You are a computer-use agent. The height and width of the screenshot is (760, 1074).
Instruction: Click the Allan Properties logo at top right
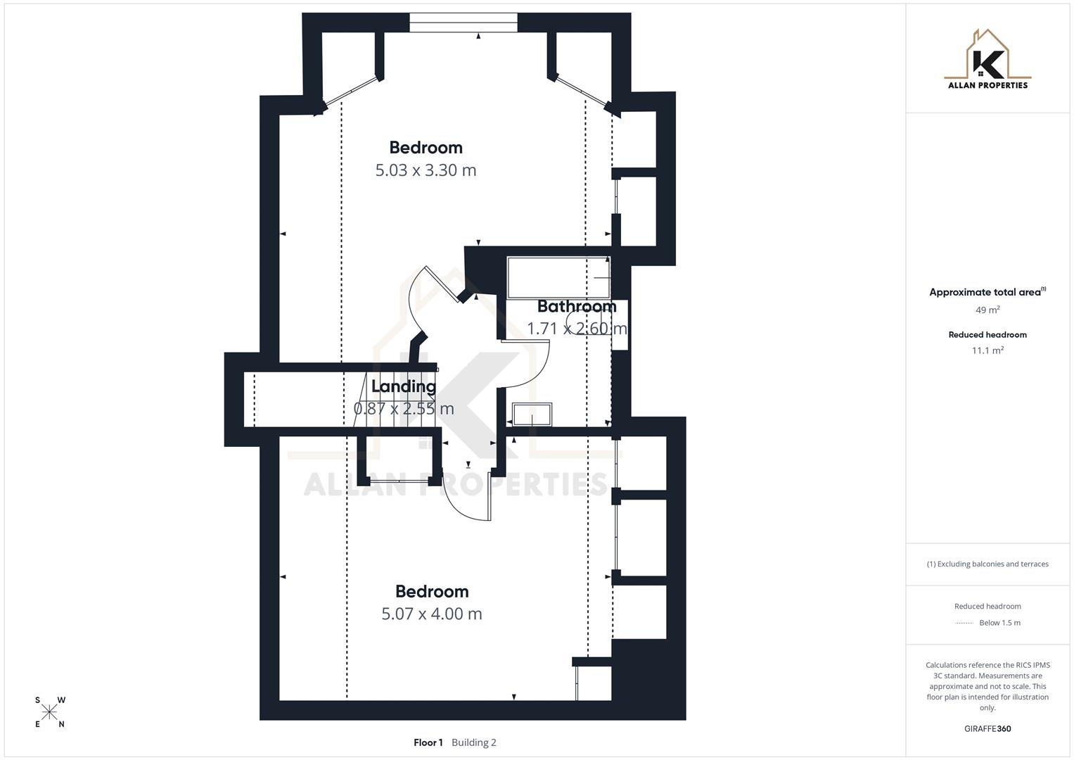pos(987,61)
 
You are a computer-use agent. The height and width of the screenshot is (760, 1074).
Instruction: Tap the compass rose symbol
pos(49,713)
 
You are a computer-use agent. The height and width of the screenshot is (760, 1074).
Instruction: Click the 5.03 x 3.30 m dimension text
pos(426,170)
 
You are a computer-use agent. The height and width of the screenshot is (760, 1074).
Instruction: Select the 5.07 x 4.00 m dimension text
pos(432,614)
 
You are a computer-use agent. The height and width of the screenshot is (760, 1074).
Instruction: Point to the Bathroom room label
pos(577,307)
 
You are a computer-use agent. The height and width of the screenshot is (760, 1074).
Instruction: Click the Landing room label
pos(404,386)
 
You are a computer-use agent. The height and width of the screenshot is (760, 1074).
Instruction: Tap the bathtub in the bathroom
pos(558,278)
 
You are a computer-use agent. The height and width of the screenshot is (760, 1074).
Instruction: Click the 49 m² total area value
pos(987,310)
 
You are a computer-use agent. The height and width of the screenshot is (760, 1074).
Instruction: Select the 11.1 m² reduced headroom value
pos(987,350)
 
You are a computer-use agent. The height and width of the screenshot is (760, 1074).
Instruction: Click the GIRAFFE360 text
pos(987,729)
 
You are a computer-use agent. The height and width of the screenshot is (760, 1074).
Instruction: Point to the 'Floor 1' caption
pos(428,742)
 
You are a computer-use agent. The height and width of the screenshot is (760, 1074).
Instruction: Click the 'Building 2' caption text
pos(474,742)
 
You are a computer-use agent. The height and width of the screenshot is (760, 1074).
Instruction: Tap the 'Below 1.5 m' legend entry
pos(999,623)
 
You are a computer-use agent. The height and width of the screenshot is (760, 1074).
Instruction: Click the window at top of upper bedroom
pos(464,23)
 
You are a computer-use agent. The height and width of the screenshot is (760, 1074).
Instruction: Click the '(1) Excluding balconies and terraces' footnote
pos(987,564)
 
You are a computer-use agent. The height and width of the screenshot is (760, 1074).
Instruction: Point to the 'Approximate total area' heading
pos(985,292)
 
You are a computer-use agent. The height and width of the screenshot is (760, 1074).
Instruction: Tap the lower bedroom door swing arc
pos(461,503)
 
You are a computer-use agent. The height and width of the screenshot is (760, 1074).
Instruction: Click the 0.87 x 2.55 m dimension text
pos(404,409)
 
